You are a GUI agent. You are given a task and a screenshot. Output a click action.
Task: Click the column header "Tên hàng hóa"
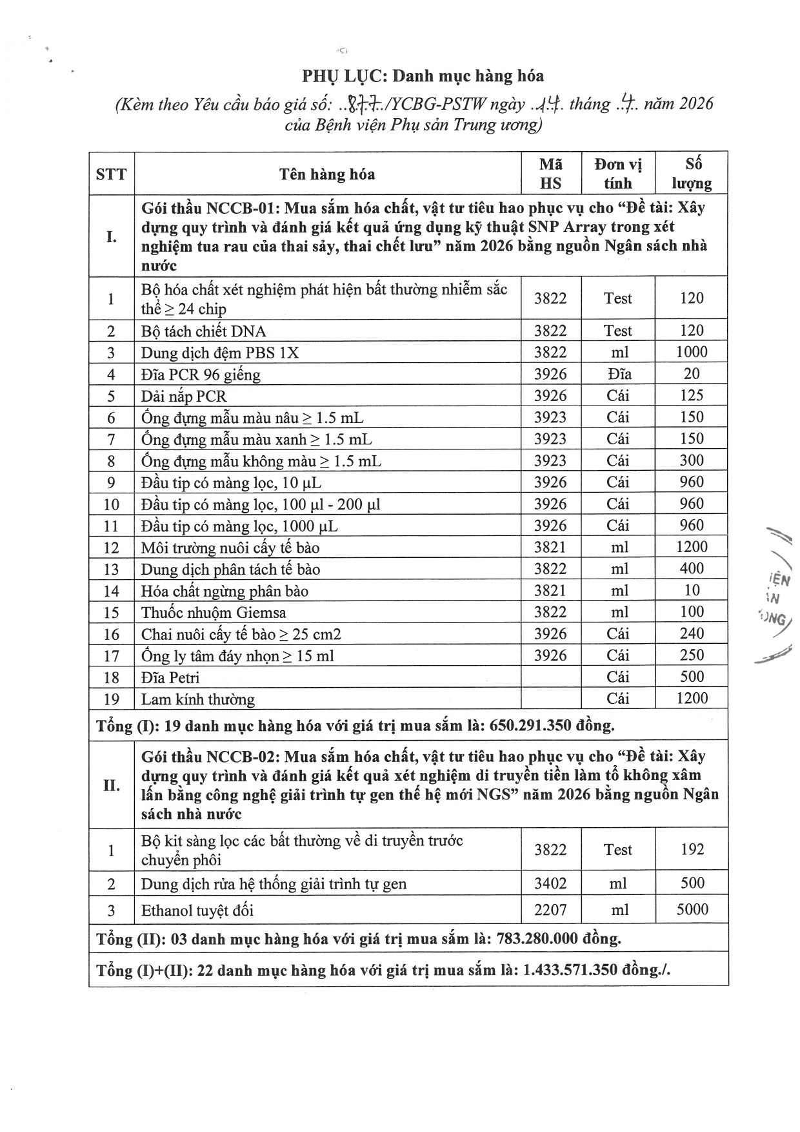[327, 174]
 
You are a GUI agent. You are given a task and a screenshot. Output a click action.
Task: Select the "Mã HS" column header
[550, 174]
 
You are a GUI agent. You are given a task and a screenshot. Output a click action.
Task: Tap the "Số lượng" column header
[692, 174]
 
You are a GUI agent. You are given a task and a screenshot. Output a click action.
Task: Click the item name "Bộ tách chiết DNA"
[203, 331]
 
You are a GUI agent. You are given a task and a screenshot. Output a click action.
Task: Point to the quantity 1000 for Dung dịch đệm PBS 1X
[692, 352]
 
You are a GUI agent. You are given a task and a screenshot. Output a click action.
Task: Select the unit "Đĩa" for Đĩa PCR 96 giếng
[618, 374]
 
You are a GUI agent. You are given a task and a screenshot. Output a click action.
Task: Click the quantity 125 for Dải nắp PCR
[692, 395]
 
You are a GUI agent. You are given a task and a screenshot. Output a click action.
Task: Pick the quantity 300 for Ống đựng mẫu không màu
[692, 460]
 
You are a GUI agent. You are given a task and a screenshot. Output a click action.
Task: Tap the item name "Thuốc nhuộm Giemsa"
[214, 612]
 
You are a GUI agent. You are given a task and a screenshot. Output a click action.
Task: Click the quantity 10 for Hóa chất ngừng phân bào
[692, 590]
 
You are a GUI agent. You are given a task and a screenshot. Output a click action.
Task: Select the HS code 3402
[550, 883]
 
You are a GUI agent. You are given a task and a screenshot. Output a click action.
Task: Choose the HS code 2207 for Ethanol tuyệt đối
[550, 910]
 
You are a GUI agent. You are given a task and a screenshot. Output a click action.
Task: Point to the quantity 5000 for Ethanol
[692, 910]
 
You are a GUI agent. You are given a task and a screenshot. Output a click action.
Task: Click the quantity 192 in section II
[692, 849]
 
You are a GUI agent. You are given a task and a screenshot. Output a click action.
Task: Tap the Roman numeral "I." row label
[111, 236]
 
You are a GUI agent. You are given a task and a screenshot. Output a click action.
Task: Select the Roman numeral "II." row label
[111, 785]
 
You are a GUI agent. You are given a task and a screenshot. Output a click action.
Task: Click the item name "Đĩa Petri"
[170, 677]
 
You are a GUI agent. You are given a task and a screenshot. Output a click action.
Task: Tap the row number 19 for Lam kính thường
[111, 699]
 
